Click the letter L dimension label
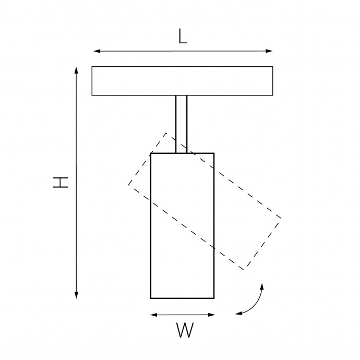tap(183, 37)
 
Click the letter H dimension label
tap(61, 182)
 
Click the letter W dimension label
tap(185, 330)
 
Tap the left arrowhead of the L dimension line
tap(97, 51)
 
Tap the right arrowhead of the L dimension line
tap(269, 51)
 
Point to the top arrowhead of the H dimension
tap(77, 70)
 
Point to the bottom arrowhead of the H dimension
tap(77, 295)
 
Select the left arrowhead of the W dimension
tap(153, 315)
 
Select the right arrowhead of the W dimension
tap(211, 315)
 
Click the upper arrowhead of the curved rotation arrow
tap(262, 286)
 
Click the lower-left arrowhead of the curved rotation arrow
tap(239, 313)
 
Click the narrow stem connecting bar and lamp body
tap(182, 124)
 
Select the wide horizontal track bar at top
tap(182, 81)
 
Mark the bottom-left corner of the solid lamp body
tap(151, 298)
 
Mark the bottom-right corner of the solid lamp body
tap(214, 298)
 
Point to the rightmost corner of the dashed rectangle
tap(281, 218)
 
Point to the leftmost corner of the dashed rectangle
tap(129, 184)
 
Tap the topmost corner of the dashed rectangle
tap(166, 133)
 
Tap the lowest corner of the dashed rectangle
tap(244, 270)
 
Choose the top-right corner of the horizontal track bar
tap(273, 67)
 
